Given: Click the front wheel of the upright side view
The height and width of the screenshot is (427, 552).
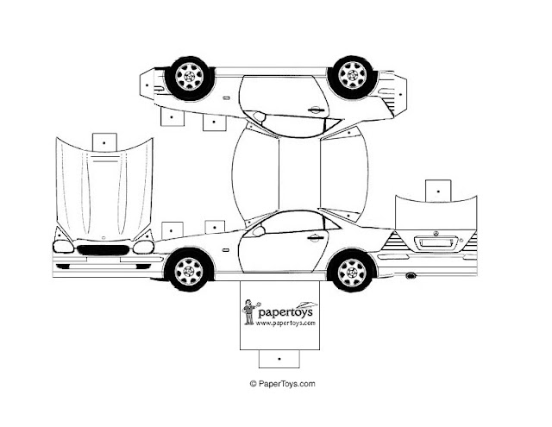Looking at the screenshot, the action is [x=190, y=270].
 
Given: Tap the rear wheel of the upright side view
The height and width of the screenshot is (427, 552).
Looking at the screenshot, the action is [x=352, y=271].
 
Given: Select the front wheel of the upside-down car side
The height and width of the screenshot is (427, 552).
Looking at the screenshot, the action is [x=190, y=77].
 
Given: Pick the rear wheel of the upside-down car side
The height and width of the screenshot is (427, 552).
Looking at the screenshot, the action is [x=353, y=76].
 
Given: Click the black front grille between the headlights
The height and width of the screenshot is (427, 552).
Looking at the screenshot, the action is [x=103, y=250].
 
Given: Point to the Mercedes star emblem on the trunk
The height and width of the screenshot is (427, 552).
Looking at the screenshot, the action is [x=436, y=234].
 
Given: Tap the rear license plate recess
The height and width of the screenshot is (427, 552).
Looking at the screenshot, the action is [x=436, y=243].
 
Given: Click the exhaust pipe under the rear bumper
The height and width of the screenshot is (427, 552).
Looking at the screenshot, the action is [x=411, y=276].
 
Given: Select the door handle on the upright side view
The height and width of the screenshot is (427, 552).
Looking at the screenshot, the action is [x=316, y=238].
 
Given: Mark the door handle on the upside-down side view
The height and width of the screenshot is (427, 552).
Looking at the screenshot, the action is [x=316, y=110].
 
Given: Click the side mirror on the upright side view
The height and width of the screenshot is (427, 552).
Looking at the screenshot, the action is [x=259, y=231].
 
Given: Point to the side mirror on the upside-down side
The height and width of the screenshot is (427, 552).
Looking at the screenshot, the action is [x=259, y=116].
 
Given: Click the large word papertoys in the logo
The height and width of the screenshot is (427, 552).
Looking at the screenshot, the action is [x=285, y=312].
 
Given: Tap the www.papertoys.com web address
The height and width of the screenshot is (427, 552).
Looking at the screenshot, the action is [x=285, y=323].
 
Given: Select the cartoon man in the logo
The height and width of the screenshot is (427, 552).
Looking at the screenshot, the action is [x=250, y=312].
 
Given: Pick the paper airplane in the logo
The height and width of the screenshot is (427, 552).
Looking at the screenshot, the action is [x=306, y=305].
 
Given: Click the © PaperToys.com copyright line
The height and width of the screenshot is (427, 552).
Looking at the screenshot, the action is [x=282, y=384].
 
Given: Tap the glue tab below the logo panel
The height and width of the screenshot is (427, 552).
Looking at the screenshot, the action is [x=279, y=359].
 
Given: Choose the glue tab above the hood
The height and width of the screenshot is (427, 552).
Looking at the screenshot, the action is [x=104, y=142].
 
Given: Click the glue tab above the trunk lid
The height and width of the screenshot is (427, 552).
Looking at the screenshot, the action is [x=438, y=192].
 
